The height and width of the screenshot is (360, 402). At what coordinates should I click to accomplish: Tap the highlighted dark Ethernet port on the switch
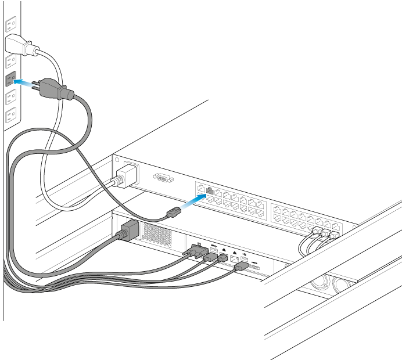pos(210,190)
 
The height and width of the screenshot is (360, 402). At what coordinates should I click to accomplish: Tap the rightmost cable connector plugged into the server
pos(240,268)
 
